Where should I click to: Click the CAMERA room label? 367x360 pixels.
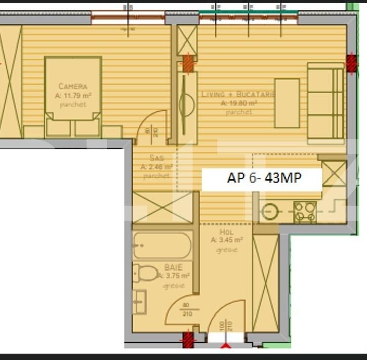pyautogui.click(x=73, y=86)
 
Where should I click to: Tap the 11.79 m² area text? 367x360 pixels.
pyautogui.click(x=73, y=95)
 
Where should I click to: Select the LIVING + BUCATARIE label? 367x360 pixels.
pyautogui.click(x=238, y=94)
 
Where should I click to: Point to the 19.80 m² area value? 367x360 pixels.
pyautogui.click(x=239, y=103)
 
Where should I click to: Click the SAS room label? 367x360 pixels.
pyautogui.click(x=156, y=158)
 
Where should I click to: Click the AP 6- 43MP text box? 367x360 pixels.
pyautogui.click(x=262, y=179)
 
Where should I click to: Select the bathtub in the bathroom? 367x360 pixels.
pyautogui.click(x=162, y=245)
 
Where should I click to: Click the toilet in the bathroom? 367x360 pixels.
pyautogui.click(x=147, y=273)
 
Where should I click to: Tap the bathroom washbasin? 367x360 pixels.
pyautogui.click(x=139, y=301)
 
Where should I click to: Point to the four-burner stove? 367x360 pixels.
pyautogui.click(x=305, y=212)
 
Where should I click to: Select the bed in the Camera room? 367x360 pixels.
pyautogui.click(x=73, y=96)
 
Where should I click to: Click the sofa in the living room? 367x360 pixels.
pyautogui.click(x=325, y=101)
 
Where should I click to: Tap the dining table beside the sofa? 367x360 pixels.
pyautogui.click(x=287, y=103)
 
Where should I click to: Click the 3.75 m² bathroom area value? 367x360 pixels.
pyautogui.click(x=174, y=276)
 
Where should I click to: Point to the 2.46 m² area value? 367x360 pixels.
pyautogui.click(x=156, y=167)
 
